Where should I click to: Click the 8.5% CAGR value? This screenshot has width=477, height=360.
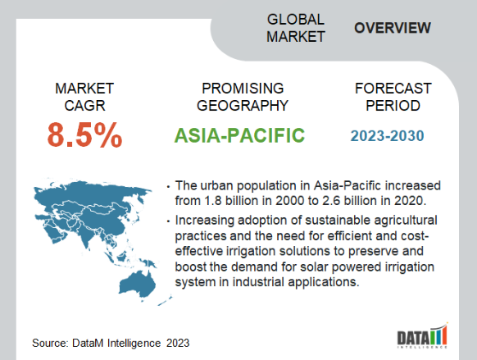click(84, 134)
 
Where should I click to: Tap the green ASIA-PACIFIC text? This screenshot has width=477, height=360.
click(239, 135)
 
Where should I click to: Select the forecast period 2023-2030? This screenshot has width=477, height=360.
click(387, 136)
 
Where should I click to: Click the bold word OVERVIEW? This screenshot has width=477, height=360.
click(393, 28)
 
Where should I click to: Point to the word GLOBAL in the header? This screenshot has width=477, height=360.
click(296, 20)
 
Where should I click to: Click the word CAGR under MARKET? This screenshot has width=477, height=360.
click(84, 106)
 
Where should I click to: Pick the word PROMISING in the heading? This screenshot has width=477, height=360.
click(243, 89)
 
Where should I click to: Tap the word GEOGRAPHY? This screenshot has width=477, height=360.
click(243, 106)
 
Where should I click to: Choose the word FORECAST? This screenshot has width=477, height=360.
click(393, 89)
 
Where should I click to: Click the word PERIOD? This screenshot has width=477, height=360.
click(393, 106)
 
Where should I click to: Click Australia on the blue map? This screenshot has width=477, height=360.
click(138, 284)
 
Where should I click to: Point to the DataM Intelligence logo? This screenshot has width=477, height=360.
click(422, 336)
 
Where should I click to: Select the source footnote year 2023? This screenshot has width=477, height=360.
click(178, 343)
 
